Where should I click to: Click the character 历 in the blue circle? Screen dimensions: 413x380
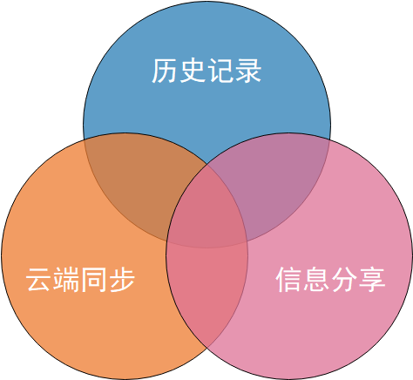tap(165, 71)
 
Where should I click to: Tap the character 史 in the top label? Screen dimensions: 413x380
tap(193, 71)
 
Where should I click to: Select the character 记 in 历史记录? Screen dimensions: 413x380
tap(220, 71)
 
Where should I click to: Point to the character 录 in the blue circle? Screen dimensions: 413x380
tap(247, 71)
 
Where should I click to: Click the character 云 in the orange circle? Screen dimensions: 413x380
tap(38, 279)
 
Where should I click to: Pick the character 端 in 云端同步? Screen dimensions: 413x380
tap(66, 279)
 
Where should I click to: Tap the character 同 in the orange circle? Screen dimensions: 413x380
tap(93, 279)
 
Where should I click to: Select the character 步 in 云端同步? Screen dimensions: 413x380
tap(121, 279)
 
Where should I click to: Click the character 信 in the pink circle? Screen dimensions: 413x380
tap(288, 279)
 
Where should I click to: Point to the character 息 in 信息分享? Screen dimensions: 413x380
tap(316, 279)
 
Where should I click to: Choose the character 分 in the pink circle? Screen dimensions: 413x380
tap(344, 279)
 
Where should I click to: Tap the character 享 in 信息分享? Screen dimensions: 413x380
tap(372, 279)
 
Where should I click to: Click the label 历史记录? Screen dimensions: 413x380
tap(206, 71)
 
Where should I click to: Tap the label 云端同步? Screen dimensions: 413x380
tap(80, 279)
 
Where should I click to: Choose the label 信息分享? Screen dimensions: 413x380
tap(330, 279)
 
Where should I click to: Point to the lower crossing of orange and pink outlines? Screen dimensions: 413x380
tap(206, 348)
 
